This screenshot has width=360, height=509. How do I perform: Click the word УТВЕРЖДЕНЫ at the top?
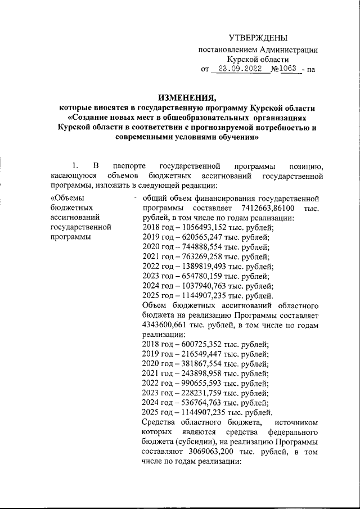[x=258, y=38]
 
